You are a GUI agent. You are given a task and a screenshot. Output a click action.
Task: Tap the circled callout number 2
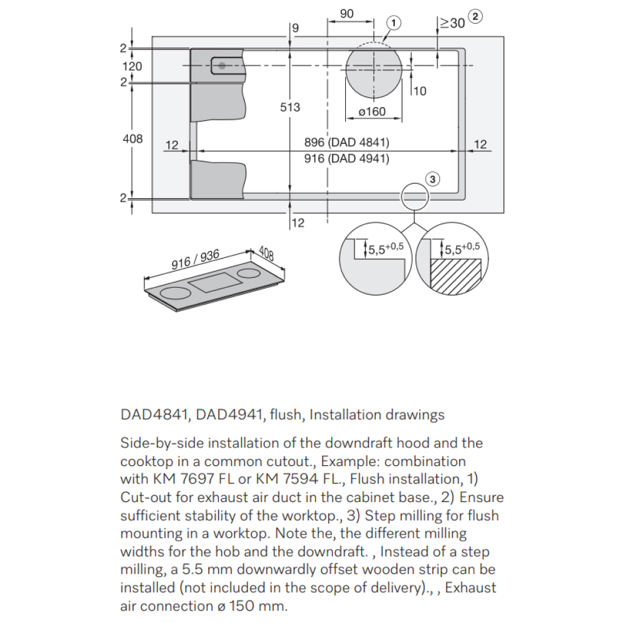(x=475, y=17)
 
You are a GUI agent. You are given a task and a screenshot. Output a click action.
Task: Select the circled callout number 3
(x=434, y=179)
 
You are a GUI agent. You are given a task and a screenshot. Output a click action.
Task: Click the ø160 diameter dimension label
(x=372, y=112)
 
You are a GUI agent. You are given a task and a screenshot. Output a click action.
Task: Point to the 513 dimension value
(x=290, y=107)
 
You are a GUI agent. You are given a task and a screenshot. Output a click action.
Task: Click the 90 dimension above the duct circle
(x=348, y=14)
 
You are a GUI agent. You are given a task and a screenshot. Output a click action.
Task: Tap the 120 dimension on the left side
(x=132, y=66)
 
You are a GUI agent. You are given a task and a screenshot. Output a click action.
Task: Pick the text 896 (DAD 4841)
(x=346, y=143)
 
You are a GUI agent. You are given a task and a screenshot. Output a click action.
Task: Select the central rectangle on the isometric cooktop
(x=215, y=282)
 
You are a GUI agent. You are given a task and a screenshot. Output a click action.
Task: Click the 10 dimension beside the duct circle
(x=420, y=91)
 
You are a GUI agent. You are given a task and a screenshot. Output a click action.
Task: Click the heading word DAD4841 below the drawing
(x=145, y=414)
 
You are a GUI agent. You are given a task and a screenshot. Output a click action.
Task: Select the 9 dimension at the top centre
(x=295, y=27)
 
